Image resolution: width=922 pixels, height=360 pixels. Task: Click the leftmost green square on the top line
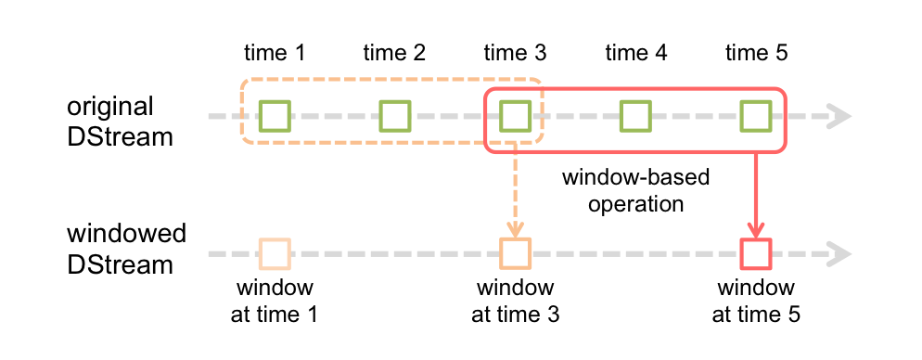[x=275, y=116]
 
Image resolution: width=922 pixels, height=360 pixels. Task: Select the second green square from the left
[x=395, y=116]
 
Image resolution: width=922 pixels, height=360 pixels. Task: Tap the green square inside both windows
[x=515, y=116]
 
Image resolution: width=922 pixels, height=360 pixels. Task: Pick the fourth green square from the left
[x=635, y=116]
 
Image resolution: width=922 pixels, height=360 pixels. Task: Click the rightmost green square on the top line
[x=756, y=116]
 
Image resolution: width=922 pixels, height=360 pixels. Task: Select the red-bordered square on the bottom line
[x=756, y=253]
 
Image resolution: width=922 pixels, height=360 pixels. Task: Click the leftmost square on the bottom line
[x=275, y=253]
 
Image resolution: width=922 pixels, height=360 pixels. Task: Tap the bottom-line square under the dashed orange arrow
[x=515, y=253]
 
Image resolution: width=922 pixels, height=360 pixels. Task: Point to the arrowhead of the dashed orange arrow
[x=515, y=229]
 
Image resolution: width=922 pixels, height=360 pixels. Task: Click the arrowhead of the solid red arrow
[x=756, y=229]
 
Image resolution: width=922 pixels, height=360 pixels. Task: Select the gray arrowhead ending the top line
[x=840, y=116]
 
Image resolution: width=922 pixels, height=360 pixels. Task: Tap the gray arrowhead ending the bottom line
[x=840, y=253]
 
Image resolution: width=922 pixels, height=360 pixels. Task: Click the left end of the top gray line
[x=211, y=117]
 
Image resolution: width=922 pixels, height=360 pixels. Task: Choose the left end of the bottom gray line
[x=211, y=253]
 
